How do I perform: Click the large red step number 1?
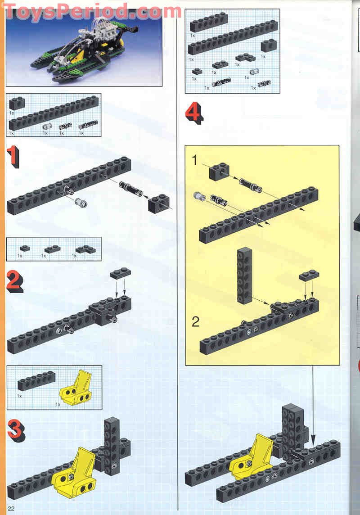point(13,157)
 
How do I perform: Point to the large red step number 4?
point(194,113)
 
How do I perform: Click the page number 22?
point(11,508)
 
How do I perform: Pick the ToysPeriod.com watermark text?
point(92,12)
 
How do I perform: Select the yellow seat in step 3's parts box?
point(76,388)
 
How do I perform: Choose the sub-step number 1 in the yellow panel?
point(194,160)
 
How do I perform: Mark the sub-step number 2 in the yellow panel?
point(195,321)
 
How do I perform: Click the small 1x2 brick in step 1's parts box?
point(17,103)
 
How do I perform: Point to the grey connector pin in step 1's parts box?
point(47,126)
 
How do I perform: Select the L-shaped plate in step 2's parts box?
point(85,249)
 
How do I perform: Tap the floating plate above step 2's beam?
point(121,273)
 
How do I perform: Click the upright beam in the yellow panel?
point(244,275)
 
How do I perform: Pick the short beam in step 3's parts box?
point(36,381)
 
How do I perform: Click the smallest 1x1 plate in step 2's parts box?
point(25,248)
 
